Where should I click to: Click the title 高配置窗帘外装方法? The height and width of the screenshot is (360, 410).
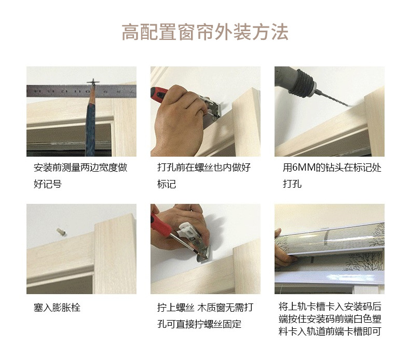coord(204,32)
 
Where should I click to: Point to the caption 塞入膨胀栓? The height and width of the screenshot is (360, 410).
coord(57,308)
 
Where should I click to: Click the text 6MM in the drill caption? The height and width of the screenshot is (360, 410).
coord(304,168)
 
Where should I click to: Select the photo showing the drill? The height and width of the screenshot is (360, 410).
coord(329,111)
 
